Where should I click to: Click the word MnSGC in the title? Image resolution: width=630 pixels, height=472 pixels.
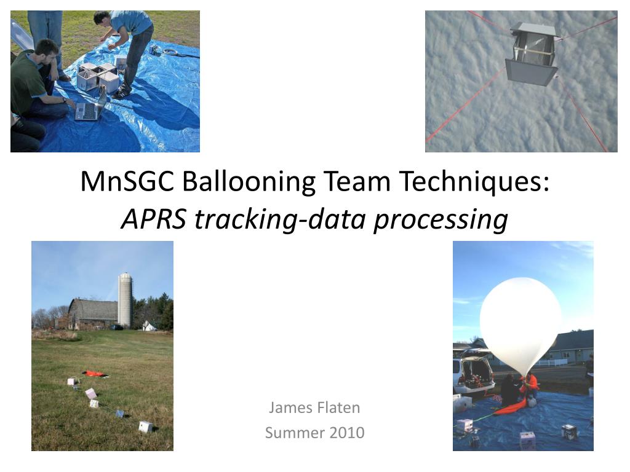127,181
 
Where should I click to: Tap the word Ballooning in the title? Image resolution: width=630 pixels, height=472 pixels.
249,182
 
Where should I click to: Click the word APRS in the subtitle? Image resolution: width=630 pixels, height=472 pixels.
154,219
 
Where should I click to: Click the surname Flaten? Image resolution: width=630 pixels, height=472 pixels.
338,407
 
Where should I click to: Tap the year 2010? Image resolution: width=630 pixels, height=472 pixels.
347,433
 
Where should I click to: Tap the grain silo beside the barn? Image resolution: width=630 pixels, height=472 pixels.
126,299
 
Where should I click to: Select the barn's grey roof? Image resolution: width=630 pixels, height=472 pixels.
94,309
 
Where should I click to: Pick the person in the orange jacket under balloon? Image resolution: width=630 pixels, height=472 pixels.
530,386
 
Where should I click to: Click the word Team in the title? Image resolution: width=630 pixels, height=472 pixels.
357,181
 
